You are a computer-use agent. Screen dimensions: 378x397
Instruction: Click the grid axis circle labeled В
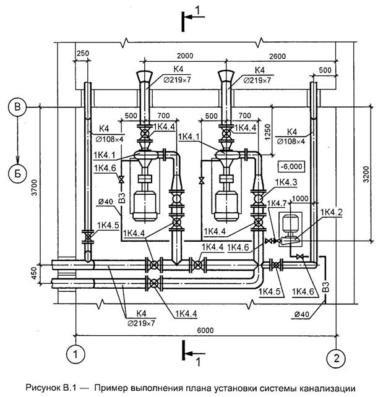pyautogui.click(x=17, y=107)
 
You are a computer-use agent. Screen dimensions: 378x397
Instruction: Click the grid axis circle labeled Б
pyautogui.click(x=17, y=174)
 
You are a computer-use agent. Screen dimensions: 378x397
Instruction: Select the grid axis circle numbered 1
pyautogui.click(x=75, y=354)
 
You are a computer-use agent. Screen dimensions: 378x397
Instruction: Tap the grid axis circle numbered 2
pyautogui.click(x=336, y=358)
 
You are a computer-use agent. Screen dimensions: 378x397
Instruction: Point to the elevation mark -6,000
pyautogui.click(x=291, y=166)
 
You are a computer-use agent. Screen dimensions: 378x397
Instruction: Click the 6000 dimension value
pyautogui.click(x=205, y=330)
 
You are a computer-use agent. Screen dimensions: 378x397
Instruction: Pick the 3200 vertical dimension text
pyautogui.click(x=366, y=174)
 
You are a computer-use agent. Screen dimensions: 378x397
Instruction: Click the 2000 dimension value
pyautogui.click(x=185, y=56)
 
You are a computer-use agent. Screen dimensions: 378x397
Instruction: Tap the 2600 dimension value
pyautogui.click(x=277, y=56)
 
